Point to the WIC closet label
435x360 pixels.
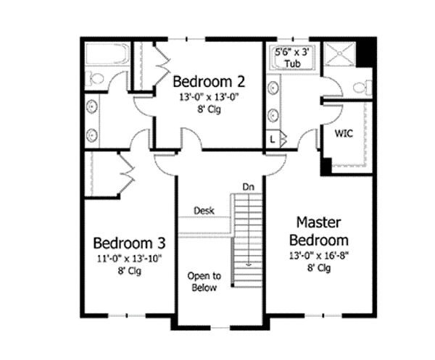pyautogui.click(x=344, y=134)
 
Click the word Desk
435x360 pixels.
pyautogui.click(x=204, y=210)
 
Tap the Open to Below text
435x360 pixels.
pyautogui.click(x=204, y=281)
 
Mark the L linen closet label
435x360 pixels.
pyautogui.click(x=273, y=139)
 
